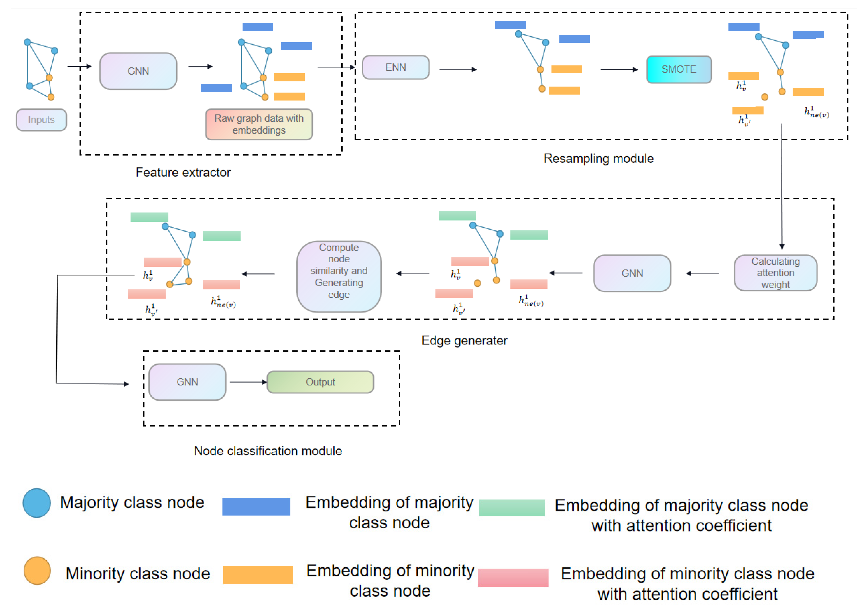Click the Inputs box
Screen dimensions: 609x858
pos(41,120)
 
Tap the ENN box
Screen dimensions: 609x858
pos(396,67)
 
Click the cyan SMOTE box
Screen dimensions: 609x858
pos(678,69)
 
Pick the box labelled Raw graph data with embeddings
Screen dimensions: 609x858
pos(259,124)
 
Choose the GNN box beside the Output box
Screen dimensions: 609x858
pos(187,382)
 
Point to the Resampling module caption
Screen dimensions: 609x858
pos(598,158)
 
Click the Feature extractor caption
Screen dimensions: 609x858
pos(183,172)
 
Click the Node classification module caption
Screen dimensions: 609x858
pos(268,450)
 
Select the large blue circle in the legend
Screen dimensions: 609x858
pos(37,503)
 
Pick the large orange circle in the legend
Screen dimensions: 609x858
pos(37,570)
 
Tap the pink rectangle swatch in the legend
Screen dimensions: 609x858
pos(513,577)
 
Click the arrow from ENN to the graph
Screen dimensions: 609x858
pos(457,69)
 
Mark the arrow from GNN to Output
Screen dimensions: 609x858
pos(247,382)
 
